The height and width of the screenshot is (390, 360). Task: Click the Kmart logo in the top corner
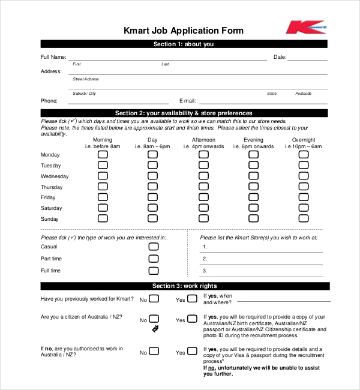305,28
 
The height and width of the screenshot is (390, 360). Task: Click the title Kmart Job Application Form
184,31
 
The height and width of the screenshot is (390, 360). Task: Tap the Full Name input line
168,58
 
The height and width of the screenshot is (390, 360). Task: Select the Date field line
307,58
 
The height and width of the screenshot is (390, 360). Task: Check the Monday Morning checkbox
103,155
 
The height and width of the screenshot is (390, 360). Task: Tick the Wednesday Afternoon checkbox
204,176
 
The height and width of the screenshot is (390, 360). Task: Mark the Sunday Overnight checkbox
304,219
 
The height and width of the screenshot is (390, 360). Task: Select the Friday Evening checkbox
254,197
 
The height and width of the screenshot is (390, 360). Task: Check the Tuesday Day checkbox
153,166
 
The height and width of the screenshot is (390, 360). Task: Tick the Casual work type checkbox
154,247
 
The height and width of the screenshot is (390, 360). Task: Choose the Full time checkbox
154,271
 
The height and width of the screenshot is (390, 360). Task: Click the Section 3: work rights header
184,286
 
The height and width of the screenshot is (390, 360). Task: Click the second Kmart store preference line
262,259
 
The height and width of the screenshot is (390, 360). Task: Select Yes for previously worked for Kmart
191,299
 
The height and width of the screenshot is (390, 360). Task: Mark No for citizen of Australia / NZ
154,319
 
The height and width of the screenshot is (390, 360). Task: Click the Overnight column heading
304,140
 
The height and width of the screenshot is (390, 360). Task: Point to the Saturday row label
51,208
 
